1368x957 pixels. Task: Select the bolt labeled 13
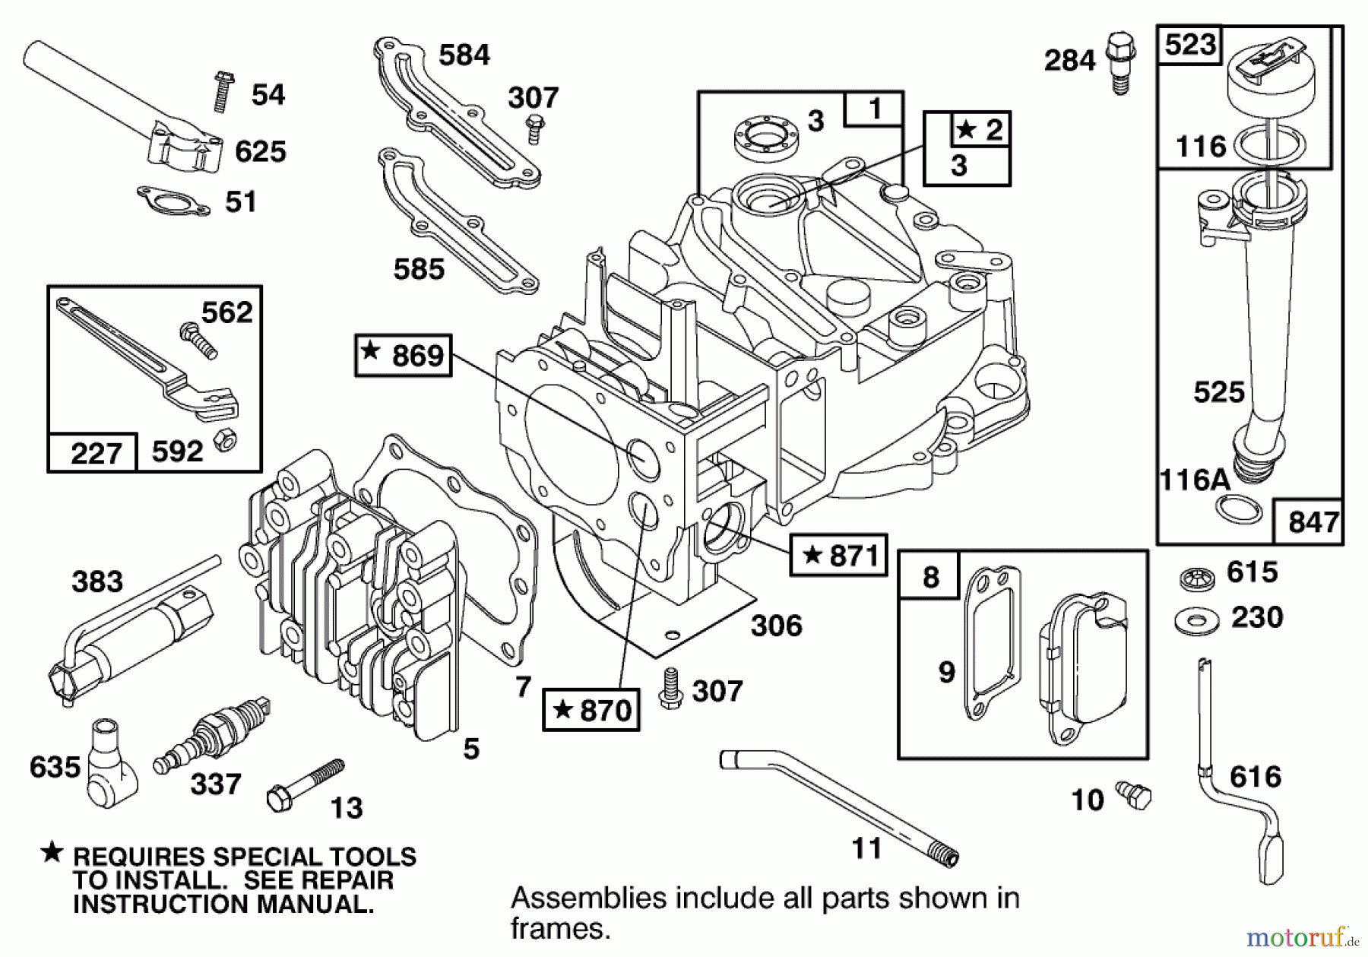[303, 784]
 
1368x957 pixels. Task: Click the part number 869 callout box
[403, 355]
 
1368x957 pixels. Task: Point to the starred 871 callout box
[838, 555]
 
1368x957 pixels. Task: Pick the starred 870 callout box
[591, 710]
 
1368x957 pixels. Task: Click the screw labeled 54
[223, 92]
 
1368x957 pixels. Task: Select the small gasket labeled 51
[173, 201]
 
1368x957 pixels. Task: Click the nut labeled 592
[224, 439]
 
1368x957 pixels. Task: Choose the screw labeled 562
[198, 340]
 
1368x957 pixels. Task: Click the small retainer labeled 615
[1198, 578]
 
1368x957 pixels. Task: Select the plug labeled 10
[1134, 795]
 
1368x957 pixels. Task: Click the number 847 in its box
[1313, 522]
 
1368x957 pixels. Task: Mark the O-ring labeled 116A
[1238, 509]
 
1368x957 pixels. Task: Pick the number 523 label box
[1189, 45]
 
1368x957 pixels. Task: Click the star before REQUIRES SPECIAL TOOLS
[52, 853]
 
